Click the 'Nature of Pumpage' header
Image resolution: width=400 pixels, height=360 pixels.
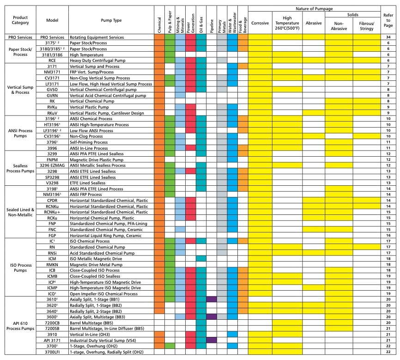[x=314, y=9]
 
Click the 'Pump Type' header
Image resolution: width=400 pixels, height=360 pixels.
[x=111, y=21]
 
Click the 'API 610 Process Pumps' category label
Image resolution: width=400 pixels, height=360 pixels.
[x=19, y=325]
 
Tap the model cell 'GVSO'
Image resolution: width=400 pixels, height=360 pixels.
[x=52, y=90]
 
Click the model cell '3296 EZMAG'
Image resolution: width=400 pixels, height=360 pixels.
[x=52, y=165]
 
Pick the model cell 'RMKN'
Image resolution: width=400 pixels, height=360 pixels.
[x=52, y=265]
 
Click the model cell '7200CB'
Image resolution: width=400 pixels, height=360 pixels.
[x=52, y=323]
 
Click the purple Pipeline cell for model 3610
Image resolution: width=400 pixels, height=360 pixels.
[x=212, y=299]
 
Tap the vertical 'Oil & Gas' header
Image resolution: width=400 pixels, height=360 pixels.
[x=200, y=20]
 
